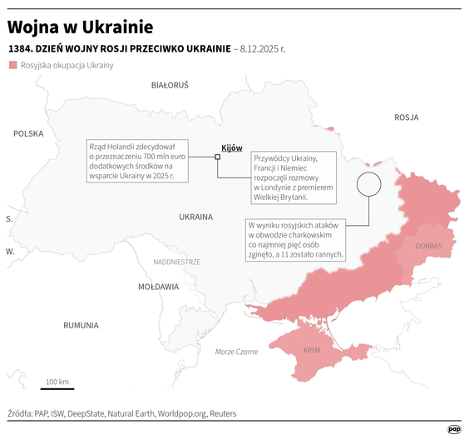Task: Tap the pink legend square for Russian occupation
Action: [x=12, y=65]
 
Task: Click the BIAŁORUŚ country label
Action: [x=170, y=85]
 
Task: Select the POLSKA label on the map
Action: [x=28, y=133]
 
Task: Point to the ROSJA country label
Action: [x=406, y=117]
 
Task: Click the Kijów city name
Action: [x=232, y=147]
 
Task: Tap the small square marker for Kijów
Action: [x=218, y=156]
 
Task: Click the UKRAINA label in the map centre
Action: [x=195, y=217]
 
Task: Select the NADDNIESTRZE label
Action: [x=176, y=262]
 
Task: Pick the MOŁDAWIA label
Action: [x=158, y=287]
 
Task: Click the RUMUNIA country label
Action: [x=81, y=325]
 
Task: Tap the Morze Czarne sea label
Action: [x=236, y=352]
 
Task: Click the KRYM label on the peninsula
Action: [x=312, y=351]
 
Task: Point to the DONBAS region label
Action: [x=429, y=246]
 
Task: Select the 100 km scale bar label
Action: [x=57, y=382]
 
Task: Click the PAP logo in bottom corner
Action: [x=454, y=429]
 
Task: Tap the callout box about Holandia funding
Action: [x=138, y=158]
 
